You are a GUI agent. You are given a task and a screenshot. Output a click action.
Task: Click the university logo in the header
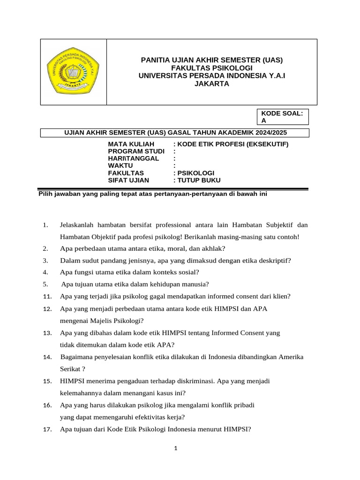[x=74, y=72]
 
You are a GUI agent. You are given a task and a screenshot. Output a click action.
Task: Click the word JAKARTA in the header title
[x=212, y=84]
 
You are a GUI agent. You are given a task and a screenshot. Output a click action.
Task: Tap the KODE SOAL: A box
[x=282, y=117]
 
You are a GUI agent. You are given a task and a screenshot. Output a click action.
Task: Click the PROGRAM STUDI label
[x=136, y=151]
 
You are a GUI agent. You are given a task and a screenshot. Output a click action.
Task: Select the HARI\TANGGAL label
[x=133, y=158]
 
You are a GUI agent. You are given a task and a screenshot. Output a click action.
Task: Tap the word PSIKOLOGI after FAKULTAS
[x=195, y=173]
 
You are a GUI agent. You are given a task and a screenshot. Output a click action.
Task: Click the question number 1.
[x=45, y=225]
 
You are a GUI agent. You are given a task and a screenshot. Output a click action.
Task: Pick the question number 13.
[x=47, y=333]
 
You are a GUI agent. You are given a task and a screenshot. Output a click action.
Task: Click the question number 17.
[x=47, y=428]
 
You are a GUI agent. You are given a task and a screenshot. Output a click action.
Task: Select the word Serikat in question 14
[x=71, y=369]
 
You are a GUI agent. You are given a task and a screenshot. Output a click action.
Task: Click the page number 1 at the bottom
[x=175, y=449]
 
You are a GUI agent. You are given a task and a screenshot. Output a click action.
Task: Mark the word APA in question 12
[x=260, y=309]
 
